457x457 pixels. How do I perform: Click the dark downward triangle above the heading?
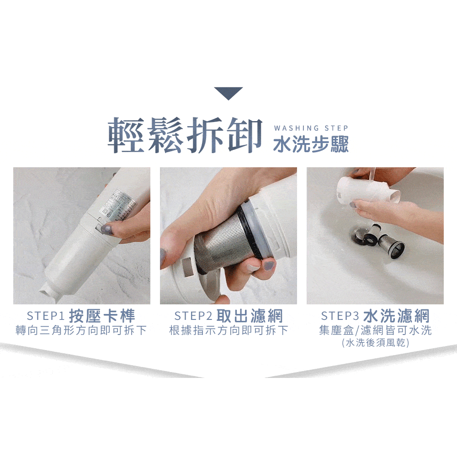pyautogui.click(x=228, y=92)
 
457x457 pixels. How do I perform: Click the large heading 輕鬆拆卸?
pyautogui.click(x=185, y=136)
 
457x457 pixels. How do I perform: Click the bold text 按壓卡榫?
pyautogui.click(x=102, y=316)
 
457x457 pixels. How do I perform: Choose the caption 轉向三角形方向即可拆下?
pyautogui.click(x=81, y=330)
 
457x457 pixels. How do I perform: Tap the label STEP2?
pyautogui.click(x=193, y=316)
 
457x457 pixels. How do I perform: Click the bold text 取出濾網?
pyautogui.click(x=250, y=316)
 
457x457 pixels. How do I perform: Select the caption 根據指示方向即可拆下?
pyautogui.click(x=228, y=330)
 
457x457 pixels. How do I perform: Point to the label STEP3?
pyautogui.click(x=340, y=316)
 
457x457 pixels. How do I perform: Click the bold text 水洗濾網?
pyautogui.click(x=396, y=316)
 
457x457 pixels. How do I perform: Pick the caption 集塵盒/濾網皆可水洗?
pyautogui.click(x=375, y=330)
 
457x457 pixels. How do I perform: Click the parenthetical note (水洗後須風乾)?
pyautogui.click(x=375, y=342)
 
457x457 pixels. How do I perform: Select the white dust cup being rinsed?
pyautogui.click(x=364, y=190)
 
